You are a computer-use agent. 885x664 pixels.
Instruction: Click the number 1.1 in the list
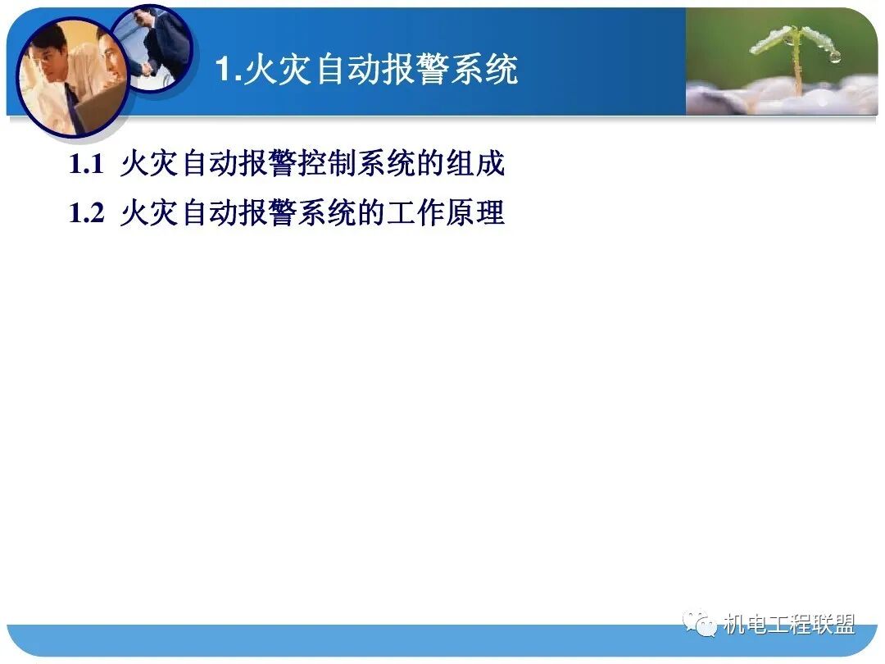coord(86,165)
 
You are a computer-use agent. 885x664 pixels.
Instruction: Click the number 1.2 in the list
coord(86,214)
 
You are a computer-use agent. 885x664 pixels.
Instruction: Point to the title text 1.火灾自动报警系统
coord(366,70)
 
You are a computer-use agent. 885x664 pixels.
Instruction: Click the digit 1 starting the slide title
coord(225,70)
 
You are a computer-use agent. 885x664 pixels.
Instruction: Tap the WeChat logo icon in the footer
coord(701,625)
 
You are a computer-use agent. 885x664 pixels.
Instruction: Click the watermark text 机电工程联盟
coord(788,625)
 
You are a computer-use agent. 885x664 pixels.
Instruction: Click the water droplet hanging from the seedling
coord(834,57)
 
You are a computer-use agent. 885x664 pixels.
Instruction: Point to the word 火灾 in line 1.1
coord(149,165)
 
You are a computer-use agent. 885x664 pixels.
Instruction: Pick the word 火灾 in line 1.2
coord(149,214)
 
